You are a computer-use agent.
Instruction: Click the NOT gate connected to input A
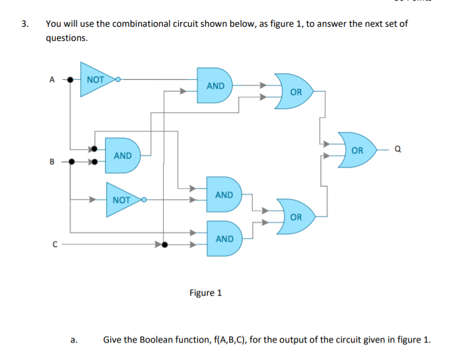(96, 80)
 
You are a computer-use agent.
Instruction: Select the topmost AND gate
(214, 86)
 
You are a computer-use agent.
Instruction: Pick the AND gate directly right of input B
(122, 155)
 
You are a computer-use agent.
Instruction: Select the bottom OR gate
(295, 217)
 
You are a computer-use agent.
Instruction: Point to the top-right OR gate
(295, 92)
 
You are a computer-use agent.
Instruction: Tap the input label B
(52, 161)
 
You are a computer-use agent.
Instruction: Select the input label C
(54, 244)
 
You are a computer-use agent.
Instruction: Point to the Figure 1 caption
(205, 293)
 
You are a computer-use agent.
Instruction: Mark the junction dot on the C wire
(164, 244)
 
